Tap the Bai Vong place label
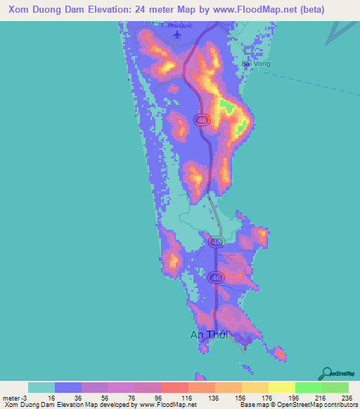[256, 63]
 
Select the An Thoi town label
[213, 335]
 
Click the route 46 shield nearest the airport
[202, 120]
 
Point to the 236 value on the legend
[345, 396]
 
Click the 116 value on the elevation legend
[185, 396]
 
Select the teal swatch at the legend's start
[41, 387]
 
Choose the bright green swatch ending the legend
[335, 387]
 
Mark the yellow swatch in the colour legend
[281, 387]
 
